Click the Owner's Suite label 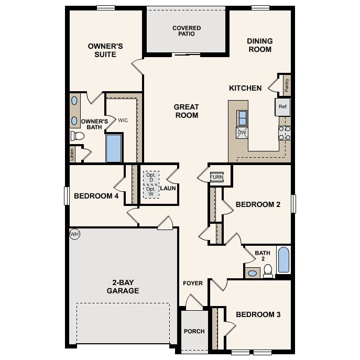pos(105,50)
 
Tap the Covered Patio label pos(187,31)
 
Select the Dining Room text pos(259,45)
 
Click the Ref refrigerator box pos(282,107)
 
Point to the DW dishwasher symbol pos(242,133)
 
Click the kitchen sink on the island pos(242,118)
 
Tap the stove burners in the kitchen pos(285,133)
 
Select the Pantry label pos(287,84)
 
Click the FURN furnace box pos(216,177)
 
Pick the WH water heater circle pos(74,234)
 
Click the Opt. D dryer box pos(151,178)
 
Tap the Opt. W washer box pos(151,191)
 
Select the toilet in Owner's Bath pos(78,136)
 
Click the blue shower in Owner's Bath pos(114,148)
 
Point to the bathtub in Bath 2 pos(283,260)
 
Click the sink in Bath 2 pos(252,273)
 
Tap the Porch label pos(194,331)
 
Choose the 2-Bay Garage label pos(123,286)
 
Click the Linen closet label pos(72,154)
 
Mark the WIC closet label pos(123,120)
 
